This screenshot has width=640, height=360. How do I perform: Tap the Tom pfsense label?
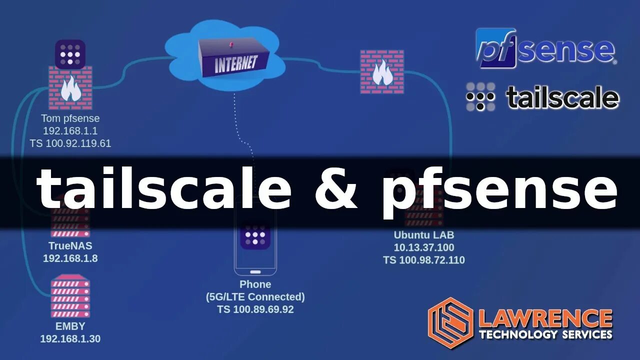point(70,118)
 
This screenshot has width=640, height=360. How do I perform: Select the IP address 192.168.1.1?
point(70,131)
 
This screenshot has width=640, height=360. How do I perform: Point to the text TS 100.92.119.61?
point(70,143)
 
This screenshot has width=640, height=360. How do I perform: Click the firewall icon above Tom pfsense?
point(70,88)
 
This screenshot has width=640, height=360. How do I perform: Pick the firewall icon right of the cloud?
point(382,71)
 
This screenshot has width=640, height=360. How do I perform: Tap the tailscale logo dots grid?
point(480,96)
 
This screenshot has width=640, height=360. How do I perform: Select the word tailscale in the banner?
point(164,190)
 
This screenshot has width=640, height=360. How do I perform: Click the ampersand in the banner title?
point(336,191)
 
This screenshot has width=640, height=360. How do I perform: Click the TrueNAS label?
point(70,246)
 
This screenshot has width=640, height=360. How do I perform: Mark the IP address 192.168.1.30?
point(70,338)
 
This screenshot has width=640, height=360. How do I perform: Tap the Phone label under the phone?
point(255,284)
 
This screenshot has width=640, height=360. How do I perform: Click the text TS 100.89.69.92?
point(255,309)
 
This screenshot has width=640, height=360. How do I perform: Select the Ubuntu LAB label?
point(424,234)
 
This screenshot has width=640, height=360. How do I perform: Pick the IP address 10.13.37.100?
point(424,247)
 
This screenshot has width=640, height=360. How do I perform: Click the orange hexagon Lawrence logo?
point(450,322)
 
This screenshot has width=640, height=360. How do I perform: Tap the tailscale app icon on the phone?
point(255,235)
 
